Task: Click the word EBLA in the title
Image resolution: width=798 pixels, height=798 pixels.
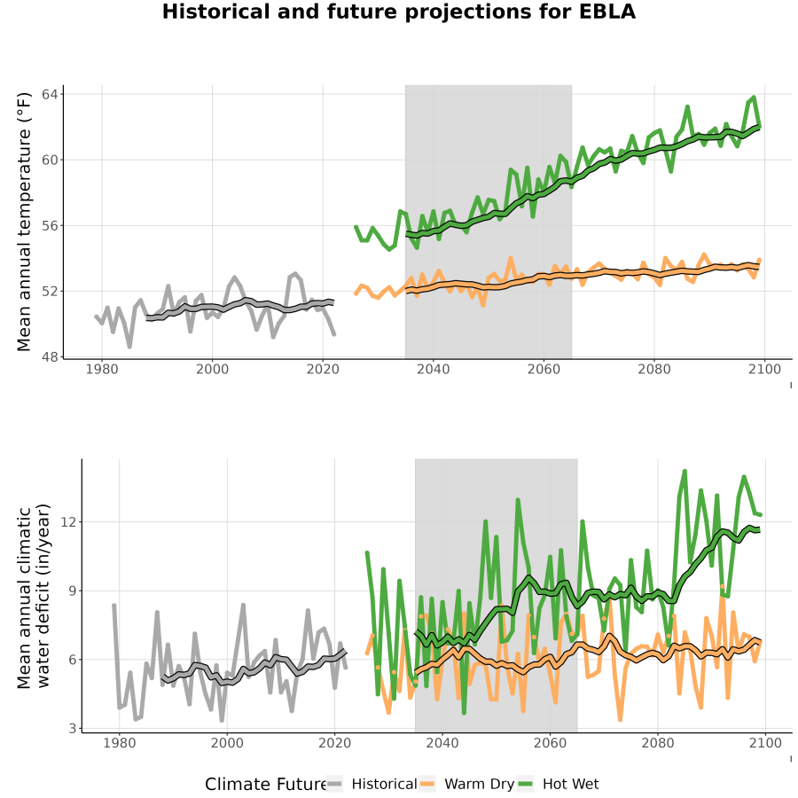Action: click(x=607, y=12)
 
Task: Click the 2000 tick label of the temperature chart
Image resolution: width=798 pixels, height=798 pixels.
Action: click(x=212, y=369)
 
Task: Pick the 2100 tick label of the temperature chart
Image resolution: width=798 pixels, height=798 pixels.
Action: click(x=764, y=369)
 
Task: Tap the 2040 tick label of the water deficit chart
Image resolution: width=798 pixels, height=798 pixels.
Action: click(x=442, y=743)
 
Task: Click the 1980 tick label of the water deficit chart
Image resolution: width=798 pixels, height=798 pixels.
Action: click(x=120, y=743)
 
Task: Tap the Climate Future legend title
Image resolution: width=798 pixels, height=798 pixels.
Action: click(x=266, y=785)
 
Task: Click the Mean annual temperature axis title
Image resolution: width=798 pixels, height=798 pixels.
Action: click(x=24, y=222)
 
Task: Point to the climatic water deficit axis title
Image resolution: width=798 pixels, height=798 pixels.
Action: click(x=34, y=596)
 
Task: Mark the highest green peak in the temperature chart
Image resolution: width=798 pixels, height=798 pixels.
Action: click(x=754, y=97)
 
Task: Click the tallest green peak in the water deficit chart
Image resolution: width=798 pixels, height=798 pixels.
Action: click(x=685, y=471)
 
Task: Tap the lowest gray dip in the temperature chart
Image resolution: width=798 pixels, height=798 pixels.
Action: click(x=129, y=347)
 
